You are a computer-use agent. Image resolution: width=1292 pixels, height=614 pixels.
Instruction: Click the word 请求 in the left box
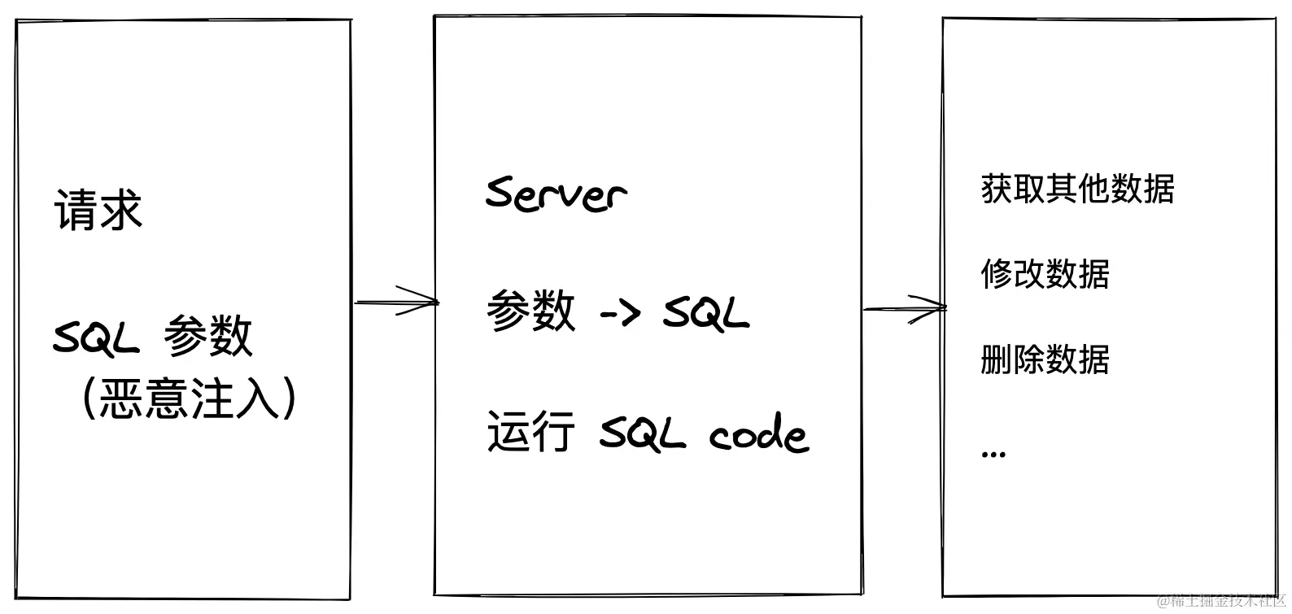98,211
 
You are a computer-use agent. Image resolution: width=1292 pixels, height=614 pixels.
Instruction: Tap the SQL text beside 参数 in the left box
96,337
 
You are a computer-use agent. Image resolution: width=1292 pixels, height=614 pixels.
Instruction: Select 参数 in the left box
208,336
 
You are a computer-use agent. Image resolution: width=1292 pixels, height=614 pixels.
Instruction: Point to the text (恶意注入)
189,398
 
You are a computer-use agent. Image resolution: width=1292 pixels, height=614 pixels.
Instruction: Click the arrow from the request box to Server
396,302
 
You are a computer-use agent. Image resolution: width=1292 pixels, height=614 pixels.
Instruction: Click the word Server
556,194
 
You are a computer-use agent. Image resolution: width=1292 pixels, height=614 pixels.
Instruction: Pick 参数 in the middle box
530,311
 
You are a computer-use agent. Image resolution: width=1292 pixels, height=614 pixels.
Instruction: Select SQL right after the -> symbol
705,312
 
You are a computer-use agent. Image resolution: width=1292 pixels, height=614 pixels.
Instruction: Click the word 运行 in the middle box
530,431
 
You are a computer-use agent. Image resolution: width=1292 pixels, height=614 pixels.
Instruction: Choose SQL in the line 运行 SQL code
642,433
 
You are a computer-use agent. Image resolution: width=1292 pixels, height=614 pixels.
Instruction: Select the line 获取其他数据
1077,189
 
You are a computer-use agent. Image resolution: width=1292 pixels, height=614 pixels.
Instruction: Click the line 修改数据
1045,274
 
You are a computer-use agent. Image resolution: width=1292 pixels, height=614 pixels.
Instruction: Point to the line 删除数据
1045,359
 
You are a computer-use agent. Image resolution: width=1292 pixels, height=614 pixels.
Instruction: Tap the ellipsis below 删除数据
993,453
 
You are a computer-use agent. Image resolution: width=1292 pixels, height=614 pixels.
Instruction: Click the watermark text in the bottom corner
1220,603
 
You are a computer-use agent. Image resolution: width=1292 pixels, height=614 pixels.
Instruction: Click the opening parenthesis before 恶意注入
89,398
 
